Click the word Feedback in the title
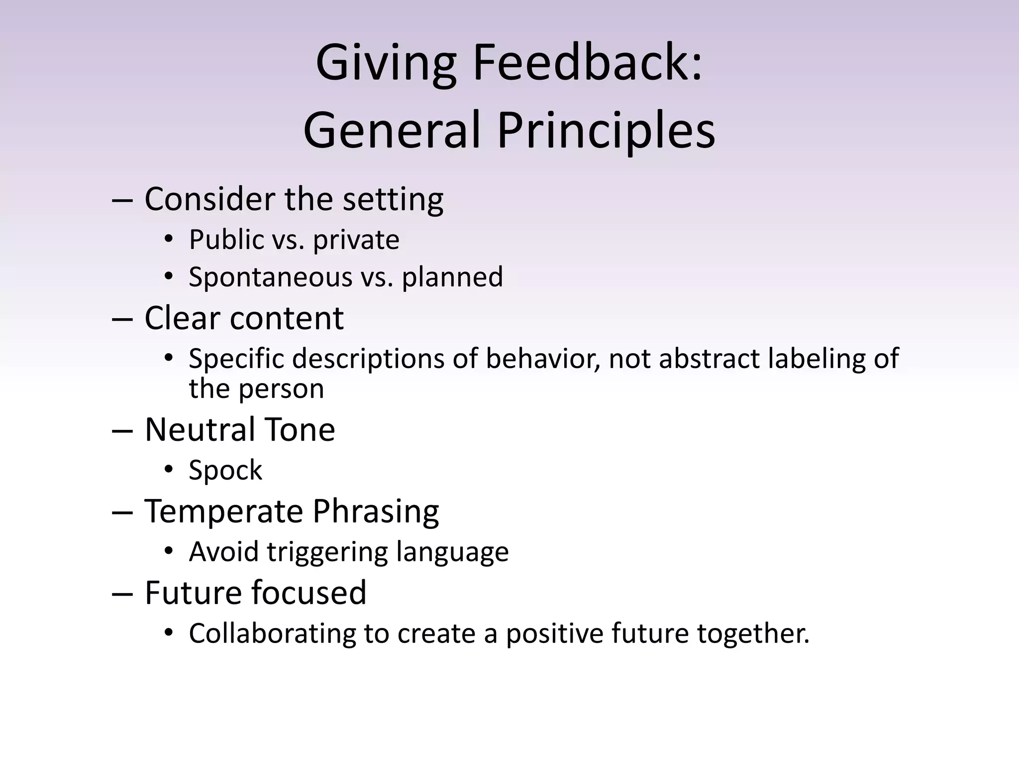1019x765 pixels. pos(587,63)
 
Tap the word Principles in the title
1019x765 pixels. pos(606,131)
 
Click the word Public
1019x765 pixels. pos(226,240)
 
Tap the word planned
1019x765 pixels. pos(452,277)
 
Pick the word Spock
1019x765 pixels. pos(225,470)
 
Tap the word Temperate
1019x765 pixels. pos(223,511)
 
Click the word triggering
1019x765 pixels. pos(327,552)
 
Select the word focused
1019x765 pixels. pos(308,593)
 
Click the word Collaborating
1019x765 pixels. pos(272,634)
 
